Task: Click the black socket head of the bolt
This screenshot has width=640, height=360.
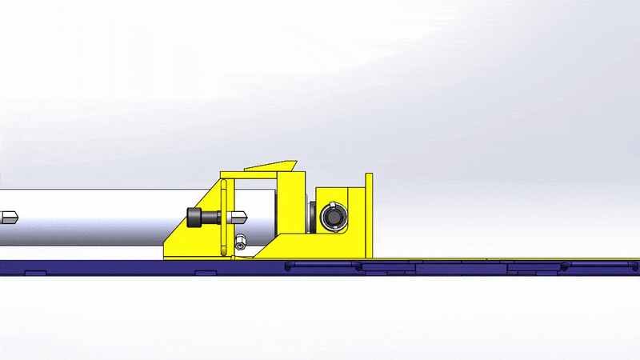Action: (x=195, y=217)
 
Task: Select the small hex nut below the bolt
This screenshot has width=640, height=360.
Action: (x=240, y=242)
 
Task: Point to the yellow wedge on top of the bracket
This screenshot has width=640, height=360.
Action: (x=270, y=166)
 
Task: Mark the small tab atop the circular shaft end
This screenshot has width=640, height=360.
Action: (x=332, y=207)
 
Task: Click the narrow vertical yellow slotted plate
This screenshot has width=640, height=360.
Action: (x=224, y=216)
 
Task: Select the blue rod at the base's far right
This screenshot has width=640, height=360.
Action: (x=600, y=265)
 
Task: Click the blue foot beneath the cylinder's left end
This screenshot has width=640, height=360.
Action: (x=36, y=274)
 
